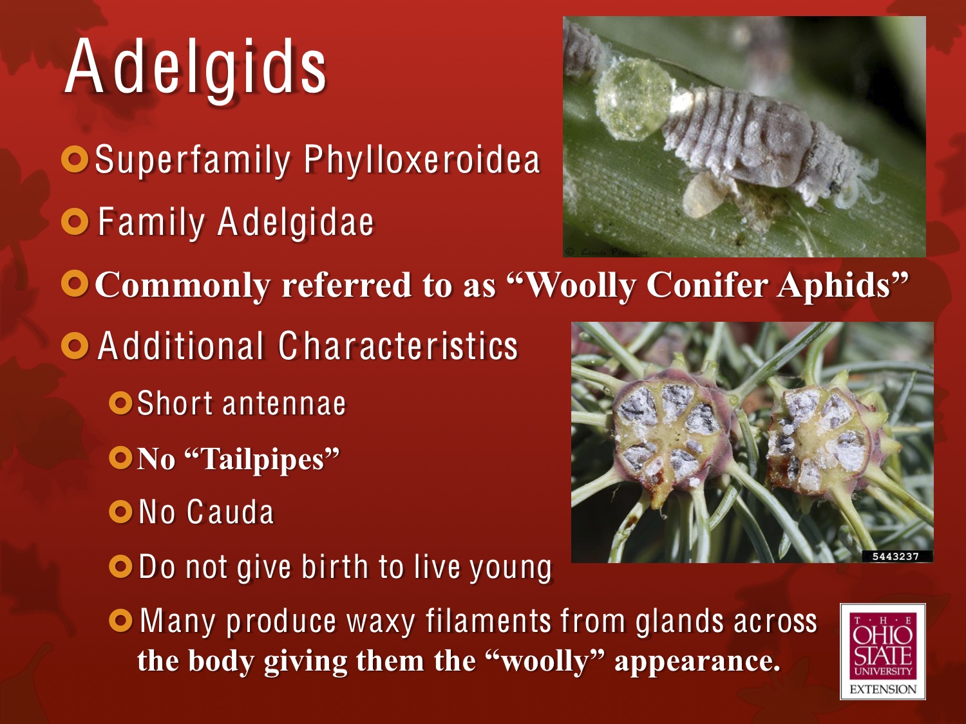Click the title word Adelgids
pyautogui.click(x=196, y=68)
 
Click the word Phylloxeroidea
pyautogui.click(x=422, y=160)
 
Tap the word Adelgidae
pyautogui.click(x=296, y=223)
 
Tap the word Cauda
pyautogui.click(x=230, y=513)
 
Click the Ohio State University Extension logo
pyautogui.click(x=882, y=651)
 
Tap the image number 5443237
pyautogui.click(x=895, y=556)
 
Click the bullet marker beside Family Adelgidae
pyautogui.click(x=75, y=222)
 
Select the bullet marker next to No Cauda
pyautogui.click(x=120, y=512)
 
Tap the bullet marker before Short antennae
pyautogui.click(x=120, y=404)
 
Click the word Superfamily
pyautogui.click(x=193, y=160)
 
